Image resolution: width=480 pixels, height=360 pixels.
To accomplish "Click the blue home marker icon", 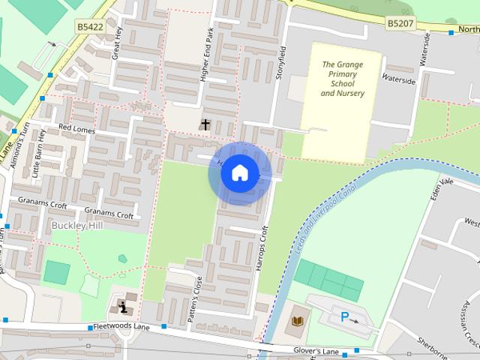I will point(239,173).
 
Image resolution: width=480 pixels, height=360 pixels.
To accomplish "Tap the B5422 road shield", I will point(89,25).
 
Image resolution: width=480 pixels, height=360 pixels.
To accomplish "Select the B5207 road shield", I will point(400,24).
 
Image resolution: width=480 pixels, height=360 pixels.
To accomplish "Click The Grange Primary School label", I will point(342,79).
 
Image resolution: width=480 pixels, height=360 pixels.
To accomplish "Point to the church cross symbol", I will point(205,124).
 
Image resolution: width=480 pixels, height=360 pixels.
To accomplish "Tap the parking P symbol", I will point(346,316).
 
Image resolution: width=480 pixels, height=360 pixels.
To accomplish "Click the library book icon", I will point(297,321).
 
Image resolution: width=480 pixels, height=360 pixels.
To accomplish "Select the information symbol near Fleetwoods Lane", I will point(124,306).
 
